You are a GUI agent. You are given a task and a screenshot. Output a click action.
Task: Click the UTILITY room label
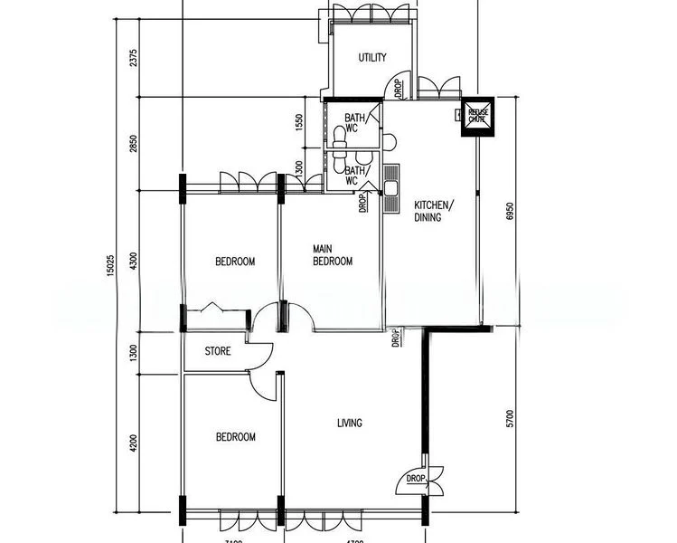point(372,58)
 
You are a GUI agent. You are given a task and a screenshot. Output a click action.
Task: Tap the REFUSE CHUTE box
point(476,115)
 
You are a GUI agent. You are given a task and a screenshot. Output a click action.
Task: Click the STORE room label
point(218,351)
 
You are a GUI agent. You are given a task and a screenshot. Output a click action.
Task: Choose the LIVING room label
point(349,423)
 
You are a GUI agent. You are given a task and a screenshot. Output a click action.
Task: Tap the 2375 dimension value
point(133,58)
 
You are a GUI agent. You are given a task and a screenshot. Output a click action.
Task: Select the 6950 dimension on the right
point(510,211)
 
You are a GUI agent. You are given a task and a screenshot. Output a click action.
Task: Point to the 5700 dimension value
point(510,418)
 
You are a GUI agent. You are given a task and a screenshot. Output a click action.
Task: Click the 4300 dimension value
point(133,262)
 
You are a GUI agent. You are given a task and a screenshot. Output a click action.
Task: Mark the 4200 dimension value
point(133,443)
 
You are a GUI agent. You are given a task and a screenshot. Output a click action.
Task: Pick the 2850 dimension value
point(133,144)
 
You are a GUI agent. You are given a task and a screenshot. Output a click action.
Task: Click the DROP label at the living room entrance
point(415,479)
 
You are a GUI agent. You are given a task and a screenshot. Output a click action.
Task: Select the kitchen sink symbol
point(391,189)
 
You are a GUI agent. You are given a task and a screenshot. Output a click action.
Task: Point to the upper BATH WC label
point(352,122)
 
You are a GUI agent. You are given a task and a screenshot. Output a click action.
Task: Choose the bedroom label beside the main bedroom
point(235,262)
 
